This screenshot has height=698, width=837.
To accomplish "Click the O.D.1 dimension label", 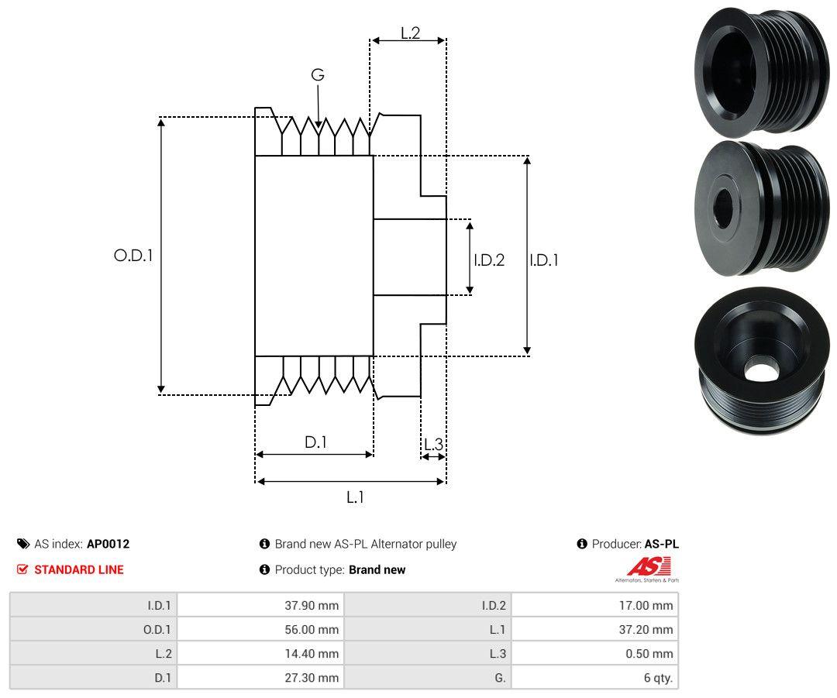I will [x=133, y=255].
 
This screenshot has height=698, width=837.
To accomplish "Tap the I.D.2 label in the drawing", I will [x=489, y=260].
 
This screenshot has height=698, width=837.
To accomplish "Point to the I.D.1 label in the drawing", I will [x=543, y=260].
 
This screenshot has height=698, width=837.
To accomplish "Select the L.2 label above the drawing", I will [x=410, y=33].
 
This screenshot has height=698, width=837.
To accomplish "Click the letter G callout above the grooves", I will [x=317, y=75].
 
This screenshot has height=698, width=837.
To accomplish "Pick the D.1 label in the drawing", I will [x=315, y=442].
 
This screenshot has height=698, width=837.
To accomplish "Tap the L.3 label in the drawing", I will [x=433, y=444].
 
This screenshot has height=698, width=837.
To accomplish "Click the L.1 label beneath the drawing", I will [x=354, y=497].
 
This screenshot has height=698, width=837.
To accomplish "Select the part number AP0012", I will [x=108, y=544].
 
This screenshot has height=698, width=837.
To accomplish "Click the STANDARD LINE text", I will [x=78, y=569].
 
